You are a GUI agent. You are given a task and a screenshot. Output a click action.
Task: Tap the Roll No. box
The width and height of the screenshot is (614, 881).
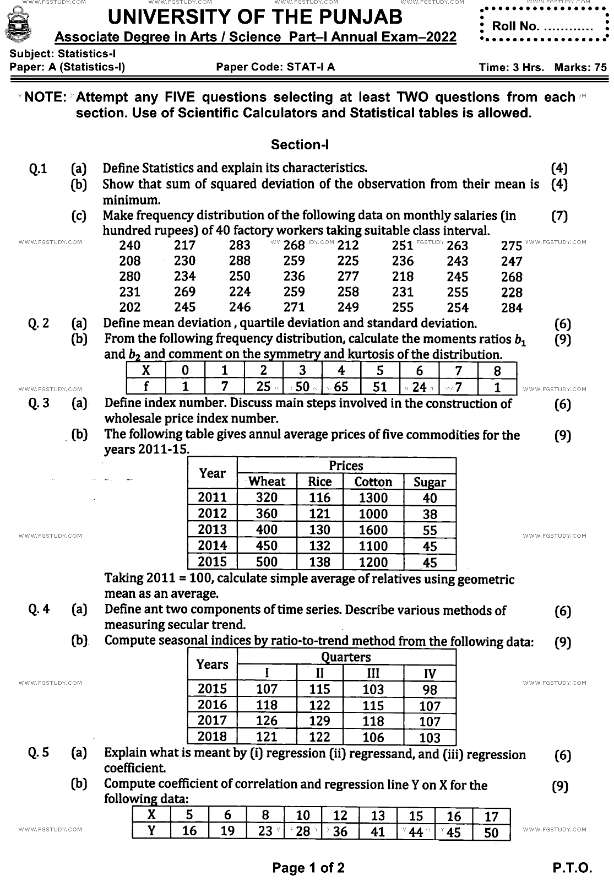[542, 26]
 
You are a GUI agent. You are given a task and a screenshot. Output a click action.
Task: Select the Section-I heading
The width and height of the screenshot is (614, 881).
[300, 144]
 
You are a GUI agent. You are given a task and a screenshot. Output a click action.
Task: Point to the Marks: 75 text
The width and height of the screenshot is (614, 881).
[580, 68]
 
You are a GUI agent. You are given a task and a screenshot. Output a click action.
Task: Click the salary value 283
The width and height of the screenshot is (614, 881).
[240, 245]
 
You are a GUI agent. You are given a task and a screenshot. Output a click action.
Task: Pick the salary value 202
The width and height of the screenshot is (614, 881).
[130, 307]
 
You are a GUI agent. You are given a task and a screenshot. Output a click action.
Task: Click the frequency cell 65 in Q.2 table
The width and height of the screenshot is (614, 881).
[341, 387]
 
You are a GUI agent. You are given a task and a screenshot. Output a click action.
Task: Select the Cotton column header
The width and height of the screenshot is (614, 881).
[373, 482]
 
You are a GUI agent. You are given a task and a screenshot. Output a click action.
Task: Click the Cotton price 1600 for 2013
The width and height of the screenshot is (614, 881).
[373, 529]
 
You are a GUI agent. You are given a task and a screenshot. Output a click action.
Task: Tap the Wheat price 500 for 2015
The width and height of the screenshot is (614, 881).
[267, 562]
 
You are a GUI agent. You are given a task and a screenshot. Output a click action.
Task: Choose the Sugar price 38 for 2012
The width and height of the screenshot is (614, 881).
[430, 514]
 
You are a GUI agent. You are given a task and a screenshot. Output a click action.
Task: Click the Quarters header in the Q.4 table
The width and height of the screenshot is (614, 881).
[346, 657]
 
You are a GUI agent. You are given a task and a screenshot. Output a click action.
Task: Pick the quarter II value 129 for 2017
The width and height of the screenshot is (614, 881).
[319, 721]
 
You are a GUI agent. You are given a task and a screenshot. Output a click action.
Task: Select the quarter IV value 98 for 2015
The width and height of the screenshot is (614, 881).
[430, 689]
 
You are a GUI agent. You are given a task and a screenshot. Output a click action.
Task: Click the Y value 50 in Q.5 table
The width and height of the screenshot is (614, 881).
[491, 832]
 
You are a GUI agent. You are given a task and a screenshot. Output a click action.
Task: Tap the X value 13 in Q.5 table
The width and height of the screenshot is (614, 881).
[378, 816]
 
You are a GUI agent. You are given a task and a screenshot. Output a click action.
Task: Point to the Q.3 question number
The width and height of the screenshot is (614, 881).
[39, 403]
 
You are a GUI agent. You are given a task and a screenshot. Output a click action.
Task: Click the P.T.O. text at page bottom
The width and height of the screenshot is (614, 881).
[572, 868]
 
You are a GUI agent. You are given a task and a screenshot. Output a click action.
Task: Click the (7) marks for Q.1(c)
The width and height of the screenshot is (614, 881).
[559, 216]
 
